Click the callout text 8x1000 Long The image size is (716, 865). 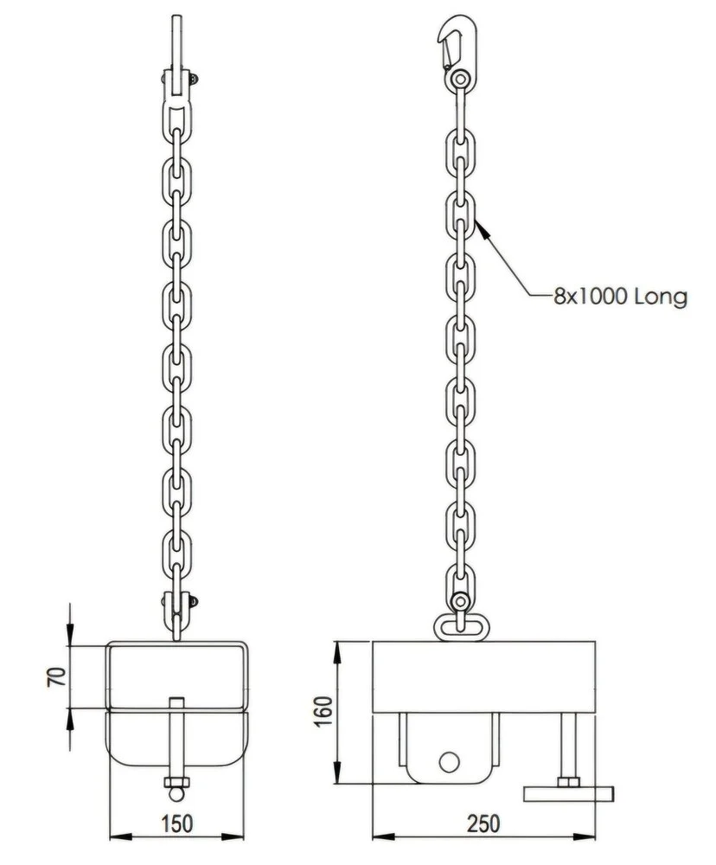[620, 298]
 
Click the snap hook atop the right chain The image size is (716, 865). [455, 44]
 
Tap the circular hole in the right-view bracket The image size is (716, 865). [448, 760]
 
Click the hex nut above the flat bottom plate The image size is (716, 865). [569, 783]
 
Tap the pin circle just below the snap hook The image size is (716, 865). [459, 80]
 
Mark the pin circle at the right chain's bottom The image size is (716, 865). [459, 602]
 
